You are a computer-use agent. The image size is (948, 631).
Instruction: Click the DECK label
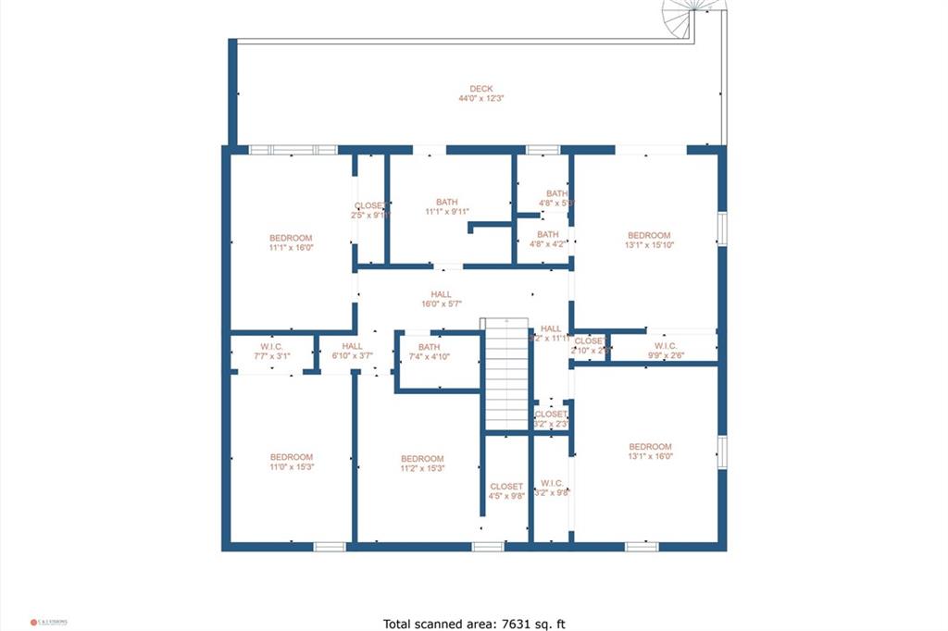(480, 89)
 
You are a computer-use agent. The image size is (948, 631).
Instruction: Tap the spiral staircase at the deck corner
(692, 16)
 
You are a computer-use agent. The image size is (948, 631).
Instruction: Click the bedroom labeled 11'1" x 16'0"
(291, 242)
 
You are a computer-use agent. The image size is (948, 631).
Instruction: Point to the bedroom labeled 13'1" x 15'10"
(648, 241)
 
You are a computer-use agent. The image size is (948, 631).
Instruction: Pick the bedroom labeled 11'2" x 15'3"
(422, 464)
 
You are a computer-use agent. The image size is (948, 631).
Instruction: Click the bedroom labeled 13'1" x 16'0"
(649, 452)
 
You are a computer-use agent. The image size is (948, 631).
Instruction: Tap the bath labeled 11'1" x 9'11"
(447, 206)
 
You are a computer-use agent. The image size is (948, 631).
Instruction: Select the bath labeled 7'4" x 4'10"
(429, 352)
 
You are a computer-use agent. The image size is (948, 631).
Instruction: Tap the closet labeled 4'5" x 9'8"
(506, 490)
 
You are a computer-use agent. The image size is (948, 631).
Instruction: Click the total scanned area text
(473, 623)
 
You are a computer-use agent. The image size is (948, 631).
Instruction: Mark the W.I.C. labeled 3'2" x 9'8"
(552, 488)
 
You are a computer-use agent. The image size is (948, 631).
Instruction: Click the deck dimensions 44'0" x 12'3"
(480, 98)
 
